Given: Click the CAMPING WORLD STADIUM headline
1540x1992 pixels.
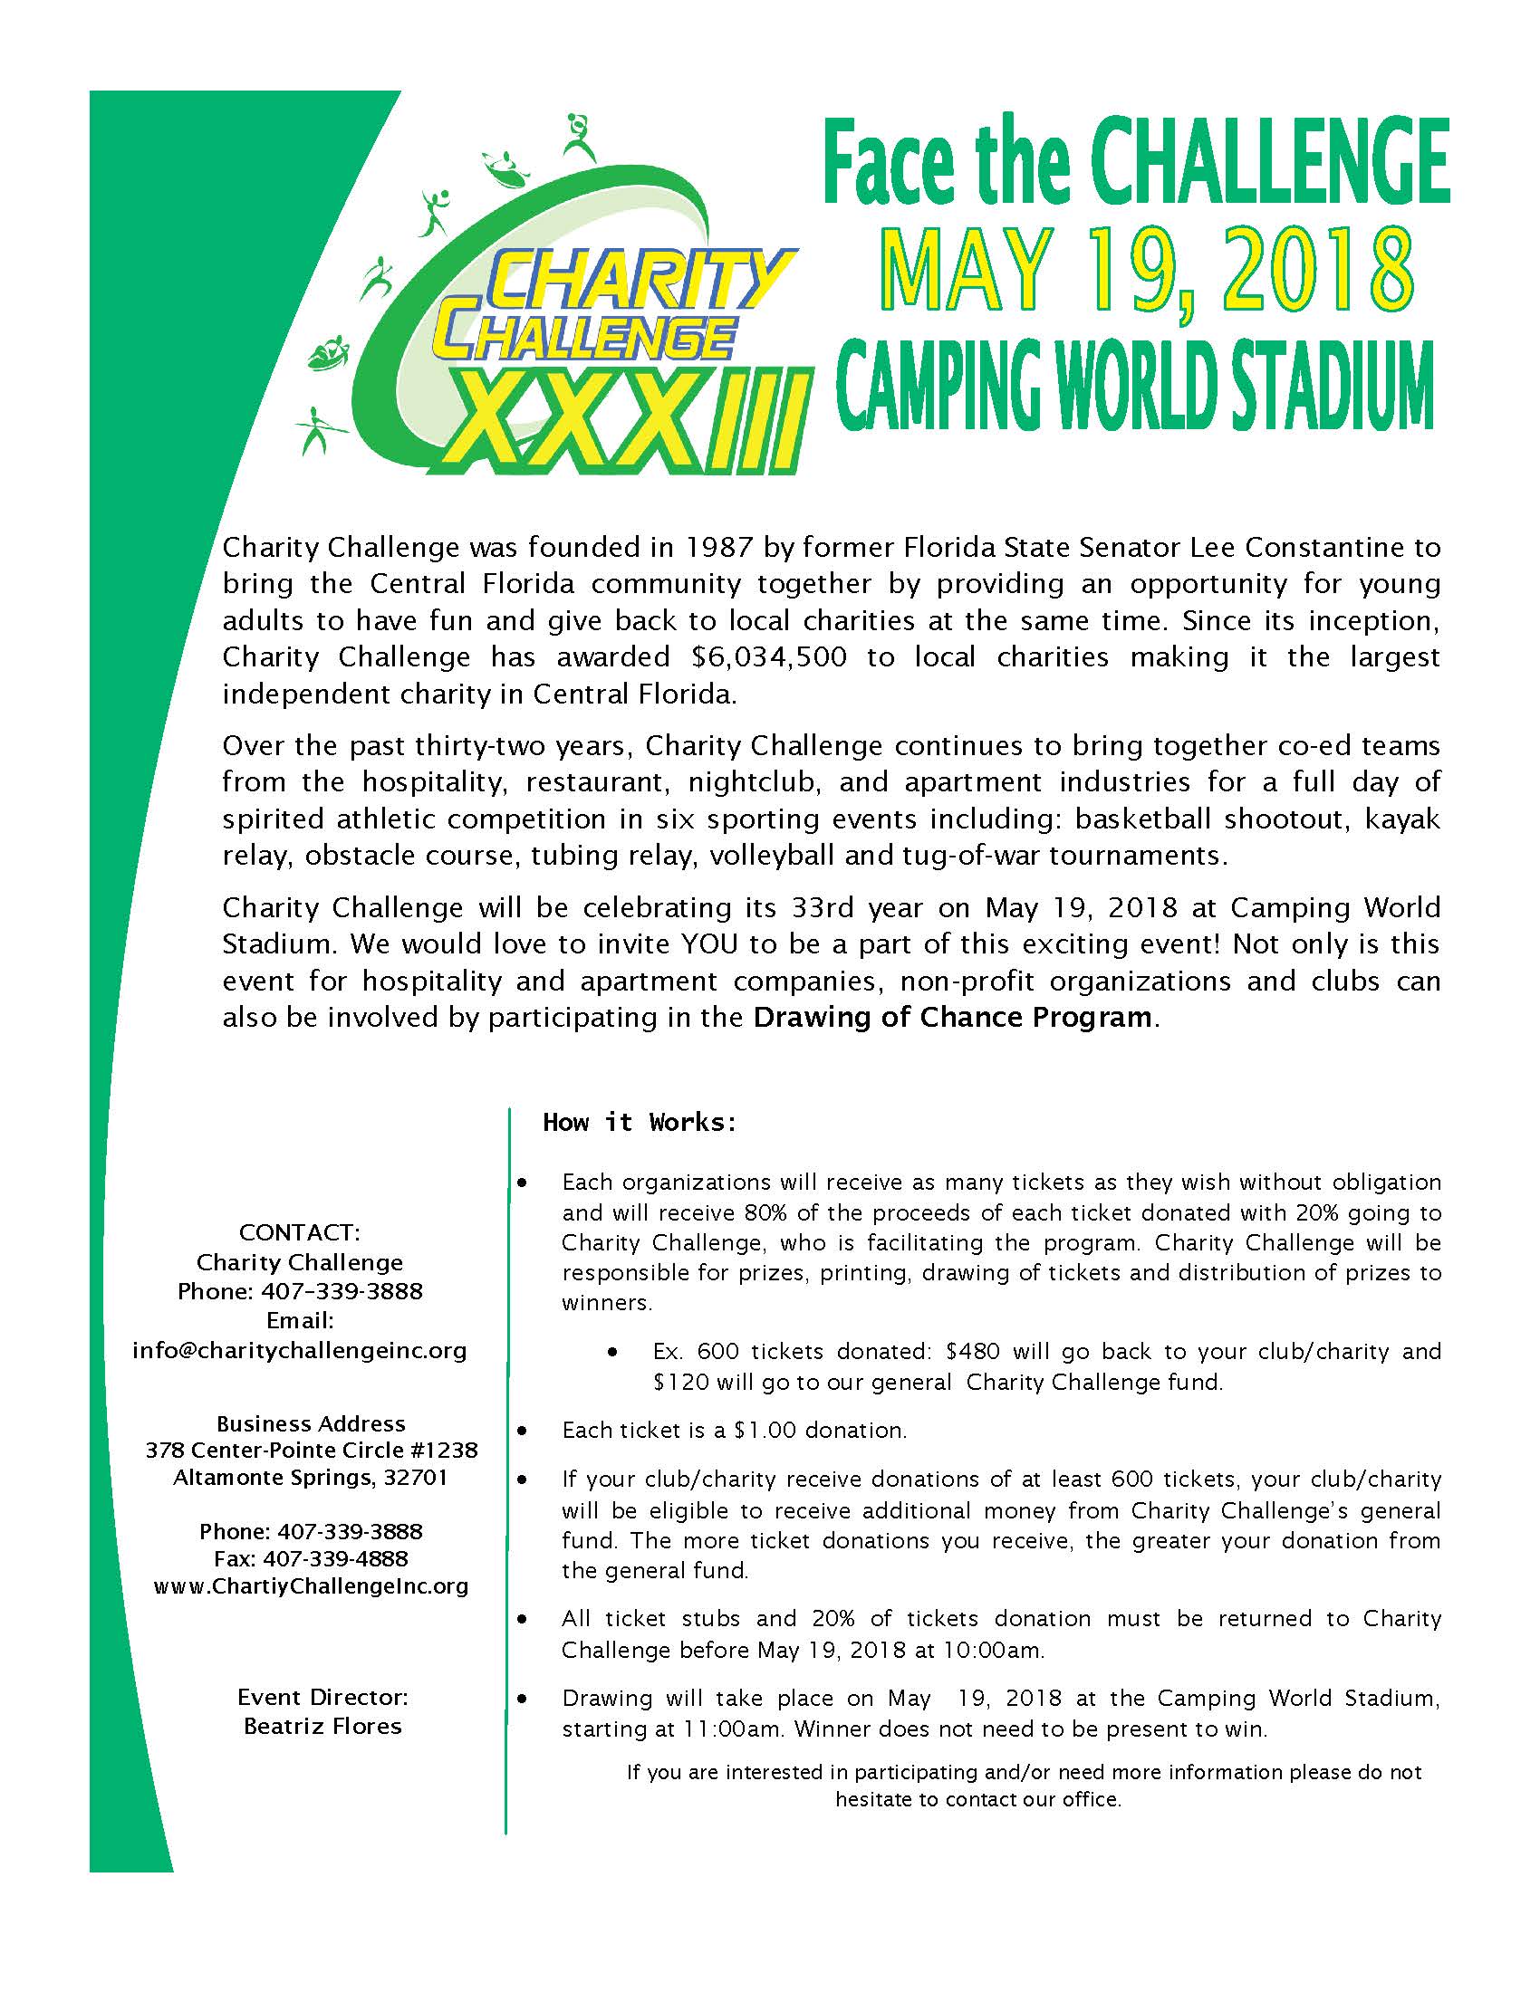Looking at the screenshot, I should (x=1134, y=387).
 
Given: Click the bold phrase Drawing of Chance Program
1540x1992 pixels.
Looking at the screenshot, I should (x=951, y=1017).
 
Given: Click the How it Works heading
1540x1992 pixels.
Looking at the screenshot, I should (x=640, y=1122).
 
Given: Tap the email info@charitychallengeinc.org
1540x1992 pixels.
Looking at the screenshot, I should (x=299, y=1350).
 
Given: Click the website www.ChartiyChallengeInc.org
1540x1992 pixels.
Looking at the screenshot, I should (x=311, y=1586).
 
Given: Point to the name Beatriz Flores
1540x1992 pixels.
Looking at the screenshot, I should (x=322, y=1727).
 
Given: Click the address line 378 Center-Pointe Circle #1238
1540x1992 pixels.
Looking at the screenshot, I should (x=311, y=1451).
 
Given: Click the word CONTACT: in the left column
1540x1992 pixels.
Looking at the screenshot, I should (x=299, y=1232).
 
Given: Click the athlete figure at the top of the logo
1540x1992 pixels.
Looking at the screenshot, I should (x=579, y=137).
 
